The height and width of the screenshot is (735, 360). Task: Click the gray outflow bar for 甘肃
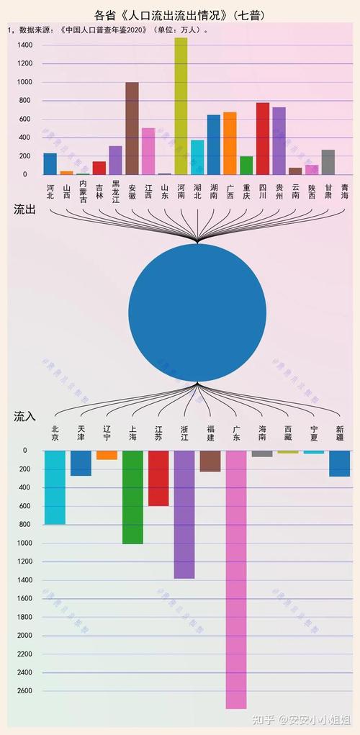pyautogui.click(x=328, y=162)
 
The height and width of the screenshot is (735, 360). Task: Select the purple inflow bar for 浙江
pyautogui.click(x=184, y=515)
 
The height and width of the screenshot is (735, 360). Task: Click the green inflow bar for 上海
pyautogui.click(x=132, y=497)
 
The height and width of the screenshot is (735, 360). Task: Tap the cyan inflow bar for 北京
pyautogui.click(x=55, y=487)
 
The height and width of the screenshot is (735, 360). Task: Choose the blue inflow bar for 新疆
pyautogui.click(x=340, y=464)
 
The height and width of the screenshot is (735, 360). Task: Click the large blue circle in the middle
pyautogui.click(x=197, y=312)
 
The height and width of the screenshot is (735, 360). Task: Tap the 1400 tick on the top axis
pyautogui.click(x=25, y=45)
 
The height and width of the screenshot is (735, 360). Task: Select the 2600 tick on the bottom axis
pyautogui.click(x=24, y=691)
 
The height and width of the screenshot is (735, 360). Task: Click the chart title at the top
pyautogui.click(x=179, y=14)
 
